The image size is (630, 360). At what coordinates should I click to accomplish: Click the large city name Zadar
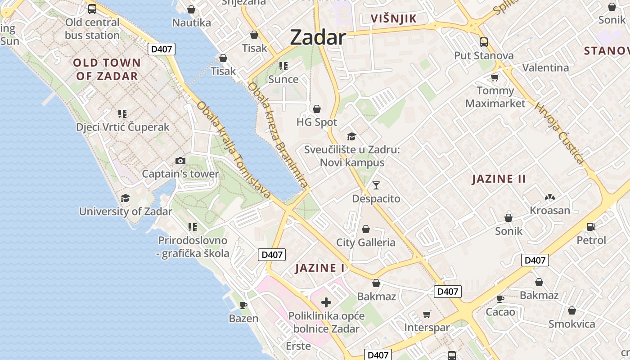click(318, 37)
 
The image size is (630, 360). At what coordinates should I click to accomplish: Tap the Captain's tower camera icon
click(180, 161)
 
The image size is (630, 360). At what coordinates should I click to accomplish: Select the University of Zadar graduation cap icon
click(125, 198)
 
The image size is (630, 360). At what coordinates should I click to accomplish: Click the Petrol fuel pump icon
click(591, 227)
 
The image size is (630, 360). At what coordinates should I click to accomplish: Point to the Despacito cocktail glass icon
click(376, 185)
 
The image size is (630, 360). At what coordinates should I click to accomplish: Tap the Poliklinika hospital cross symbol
click(326, 302)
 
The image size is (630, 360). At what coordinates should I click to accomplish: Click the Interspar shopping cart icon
click(427, 314)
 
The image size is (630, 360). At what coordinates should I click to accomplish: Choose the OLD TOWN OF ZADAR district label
click(107, 69)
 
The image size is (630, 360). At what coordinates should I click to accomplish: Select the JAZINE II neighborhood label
click(499, 179)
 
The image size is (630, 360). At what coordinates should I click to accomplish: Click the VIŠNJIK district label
click(393, 18)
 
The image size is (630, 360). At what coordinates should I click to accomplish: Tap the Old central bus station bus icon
click(92, 9)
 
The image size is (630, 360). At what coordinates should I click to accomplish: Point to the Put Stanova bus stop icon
click(484, 42)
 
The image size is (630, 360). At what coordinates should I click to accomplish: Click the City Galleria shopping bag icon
click(366, 229)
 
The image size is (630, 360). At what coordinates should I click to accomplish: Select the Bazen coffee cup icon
click(243, 305)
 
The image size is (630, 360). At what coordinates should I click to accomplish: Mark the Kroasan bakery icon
click(549, 197)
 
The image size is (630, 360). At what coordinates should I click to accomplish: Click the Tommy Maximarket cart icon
click(495, 77)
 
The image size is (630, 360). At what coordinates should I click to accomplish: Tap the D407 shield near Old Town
click(161, 49)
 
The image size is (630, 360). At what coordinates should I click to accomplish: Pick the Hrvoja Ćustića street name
click(559, 133)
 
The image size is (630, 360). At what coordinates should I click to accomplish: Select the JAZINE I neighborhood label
click(320, 268)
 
